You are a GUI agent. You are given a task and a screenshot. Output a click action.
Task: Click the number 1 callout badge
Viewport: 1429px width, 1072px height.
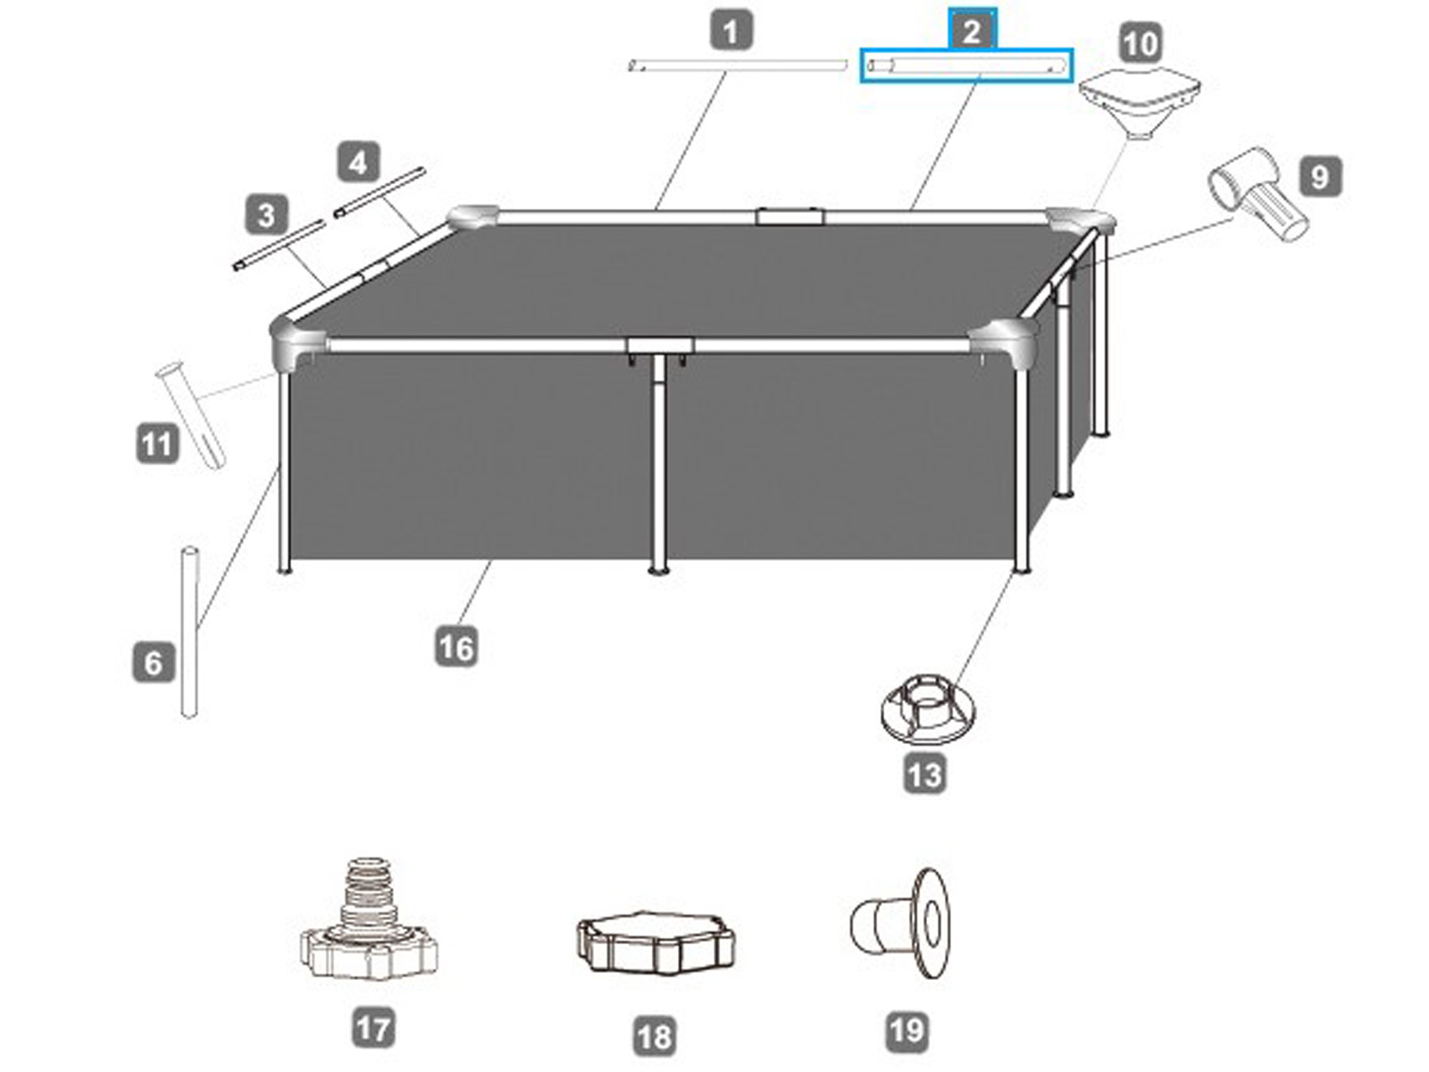point(731,31)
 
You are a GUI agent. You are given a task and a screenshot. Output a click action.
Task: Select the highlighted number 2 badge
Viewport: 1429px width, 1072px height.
point(972,30)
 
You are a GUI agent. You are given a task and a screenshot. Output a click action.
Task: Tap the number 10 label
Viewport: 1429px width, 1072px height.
point(1141,44)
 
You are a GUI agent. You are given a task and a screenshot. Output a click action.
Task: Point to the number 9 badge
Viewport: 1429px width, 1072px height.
point(1320,176)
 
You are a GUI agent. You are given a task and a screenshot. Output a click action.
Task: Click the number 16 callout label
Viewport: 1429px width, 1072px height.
point(455,647)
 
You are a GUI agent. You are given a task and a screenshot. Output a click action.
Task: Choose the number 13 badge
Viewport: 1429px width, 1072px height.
point(925,775)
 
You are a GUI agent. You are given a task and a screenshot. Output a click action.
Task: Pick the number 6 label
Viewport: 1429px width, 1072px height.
point(154,663)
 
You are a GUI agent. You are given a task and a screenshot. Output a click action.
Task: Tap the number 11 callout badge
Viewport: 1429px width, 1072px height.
point(157,445)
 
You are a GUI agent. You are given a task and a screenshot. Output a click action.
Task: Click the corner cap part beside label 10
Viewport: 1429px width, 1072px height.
point(1140,105)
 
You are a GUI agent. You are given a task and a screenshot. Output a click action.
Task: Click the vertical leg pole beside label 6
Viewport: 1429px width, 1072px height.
point(189,632)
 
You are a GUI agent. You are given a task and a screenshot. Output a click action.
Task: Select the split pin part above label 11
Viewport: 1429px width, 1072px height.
point(191,415)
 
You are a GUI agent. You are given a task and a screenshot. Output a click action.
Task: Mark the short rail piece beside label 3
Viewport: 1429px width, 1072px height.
point(279,246)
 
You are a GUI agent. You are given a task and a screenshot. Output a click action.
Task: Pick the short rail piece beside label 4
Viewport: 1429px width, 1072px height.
point(380,192)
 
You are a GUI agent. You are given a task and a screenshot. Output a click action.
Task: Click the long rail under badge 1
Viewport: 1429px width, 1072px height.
point(738,66)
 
